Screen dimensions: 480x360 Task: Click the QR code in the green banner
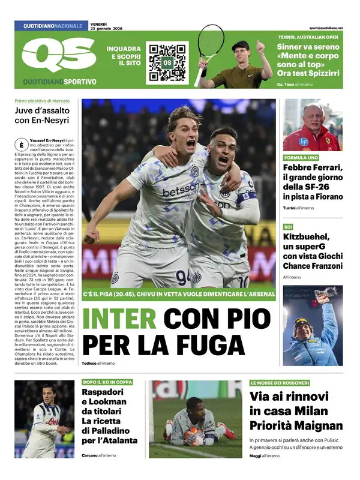(167, 62)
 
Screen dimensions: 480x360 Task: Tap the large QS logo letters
(59, 56)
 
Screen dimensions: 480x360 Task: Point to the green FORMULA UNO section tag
(301, 158)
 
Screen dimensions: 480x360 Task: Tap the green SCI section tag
(288, 227)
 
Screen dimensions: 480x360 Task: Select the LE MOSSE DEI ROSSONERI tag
(280, 382)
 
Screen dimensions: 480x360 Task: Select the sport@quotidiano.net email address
(326, 28)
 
